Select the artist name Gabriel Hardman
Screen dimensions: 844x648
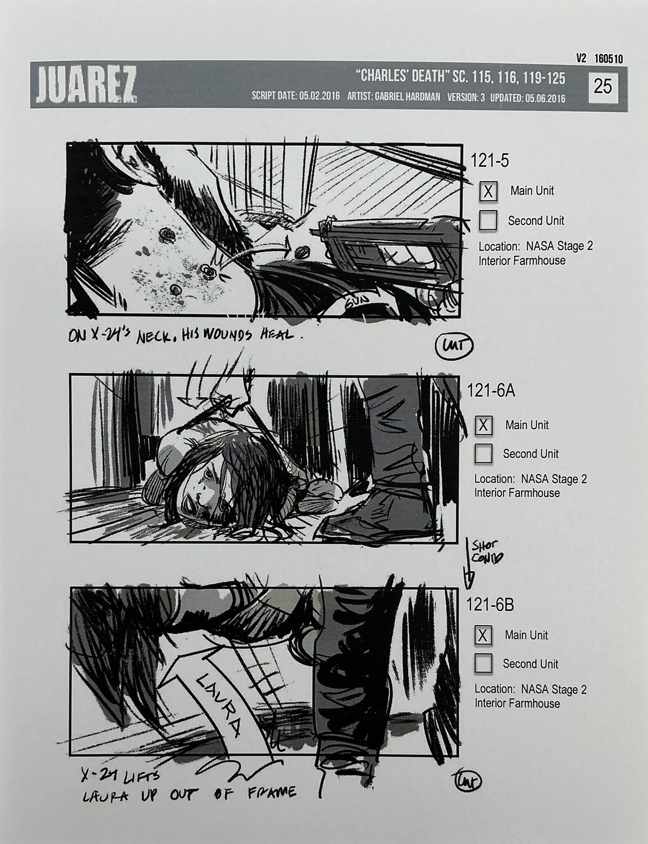(x=416, y=97)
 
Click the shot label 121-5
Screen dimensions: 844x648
(x=489, y=161)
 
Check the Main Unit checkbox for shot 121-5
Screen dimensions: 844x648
(x=488, y=191)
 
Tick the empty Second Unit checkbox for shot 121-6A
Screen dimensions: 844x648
(x=483, y=453)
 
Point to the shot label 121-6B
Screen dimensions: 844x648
(x=490, y=605)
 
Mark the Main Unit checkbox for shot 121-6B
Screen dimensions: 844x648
(x=483, y=635)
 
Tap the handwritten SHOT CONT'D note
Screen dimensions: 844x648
(x=484, y=551)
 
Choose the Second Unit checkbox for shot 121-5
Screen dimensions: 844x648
(x=488, y=221)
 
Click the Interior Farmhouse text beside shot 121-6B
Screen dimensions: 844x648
(x=517, y=703)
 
